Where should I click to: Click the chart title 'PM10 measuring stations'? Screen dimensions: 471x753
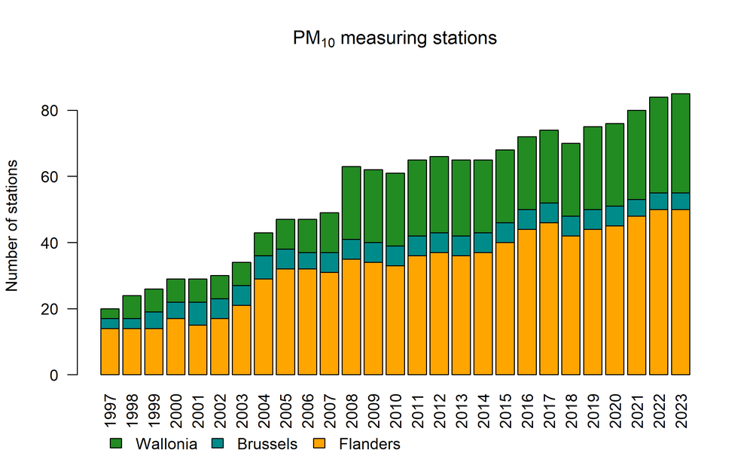tap(395, 38)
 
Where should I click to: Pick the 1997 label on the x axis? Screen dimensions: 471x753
tap(111, 407)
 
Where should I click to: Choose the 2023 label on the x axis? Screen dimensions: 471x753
tap(681, 407)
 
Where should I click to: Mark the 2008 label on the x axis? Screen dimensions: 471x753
tap(352, 407)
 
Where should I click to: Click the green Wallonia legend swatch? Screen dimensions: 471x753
tap(116, 444)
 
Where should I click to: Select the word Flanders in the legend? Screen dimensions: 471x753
tap(368, 444)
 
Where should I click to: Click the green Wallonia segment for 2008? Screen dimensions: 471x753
tap(352, 203)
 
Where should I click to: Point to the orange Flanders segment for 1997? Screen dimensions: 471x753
tap(111, 352)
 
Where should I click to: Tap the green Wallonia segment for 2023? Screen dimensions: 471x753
tap(681, 143)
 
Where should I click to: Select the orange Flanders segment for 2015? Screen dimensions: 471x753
tap(505, 309)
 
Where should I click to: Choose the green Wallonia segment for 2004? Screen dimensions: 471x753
tap(264, 244)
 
